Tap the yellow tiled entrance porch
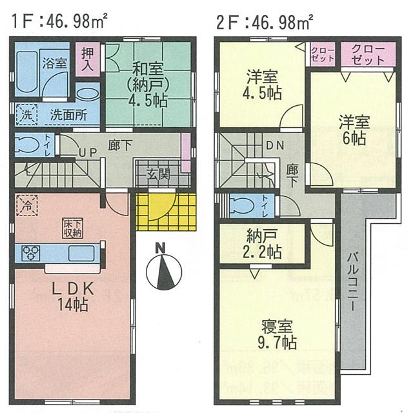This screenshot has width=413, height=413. coord(165,210)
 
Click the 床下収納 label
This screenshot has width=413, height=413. coord(72,228)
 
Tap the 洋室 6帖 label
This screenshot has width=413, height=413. coord(354,129)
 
